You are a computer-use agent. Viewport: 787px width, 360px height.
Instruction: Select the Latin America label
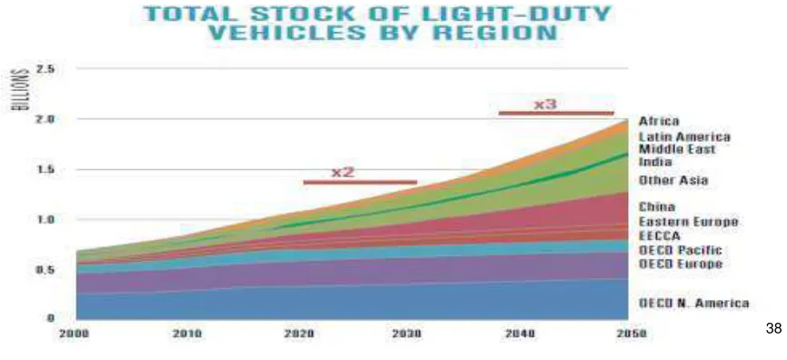(x=684, y=136)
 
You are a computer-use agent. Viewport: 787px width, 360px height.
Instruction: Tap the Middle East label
(x=677, y=149)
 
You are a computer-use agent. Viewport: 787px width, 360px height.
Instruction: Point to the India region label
(x=655, y=162)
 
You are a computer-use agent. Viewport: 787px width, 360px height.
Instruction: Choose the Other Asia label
(x=673, y=180)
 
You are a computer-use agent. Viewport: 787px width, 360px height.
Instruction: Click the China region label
(x=656, y=207)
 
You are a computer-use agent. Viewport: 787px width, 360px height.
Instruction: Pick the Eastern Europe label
(x=688, y=222)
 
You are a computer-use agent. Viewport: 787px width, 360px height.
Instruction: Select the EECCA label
(x=659, y=235)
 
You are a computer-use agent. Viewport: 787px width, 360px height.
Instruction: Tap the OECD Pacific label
(x=680, y=249)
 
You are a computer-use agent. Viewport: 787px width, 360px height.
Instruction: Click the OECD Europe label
(x=680, y=264)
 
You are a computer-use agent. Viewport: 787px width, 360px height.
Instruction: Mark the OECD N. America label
(x=693, y=303)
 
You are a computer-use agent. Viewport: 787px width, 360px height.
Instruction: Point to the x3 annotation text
(x=544, y=104)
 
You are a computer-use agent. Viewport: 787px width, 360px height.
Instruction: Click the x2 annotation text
(x=343, y=172)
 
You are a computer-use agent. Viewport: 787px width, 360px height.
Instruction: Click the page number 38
(x=774, y=329)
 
